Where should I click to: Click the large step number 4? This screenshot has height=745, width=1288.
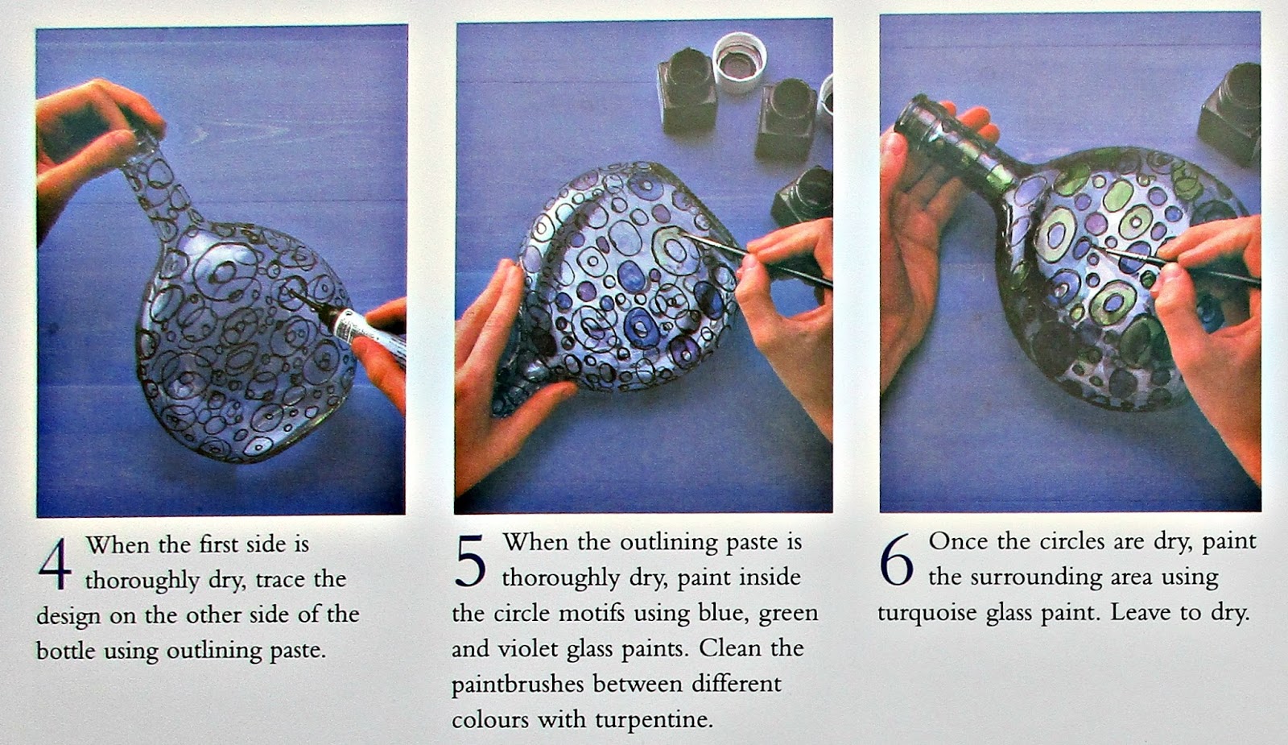(x=56, y=565)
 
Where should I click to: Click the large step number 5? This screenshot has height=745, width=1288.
(x=471, y=561)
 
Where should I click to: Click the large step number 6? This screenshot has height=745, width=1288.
(x=897, y=560)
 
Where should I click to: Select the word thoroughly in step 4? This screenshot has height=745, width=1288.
(x=142, y=580)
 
